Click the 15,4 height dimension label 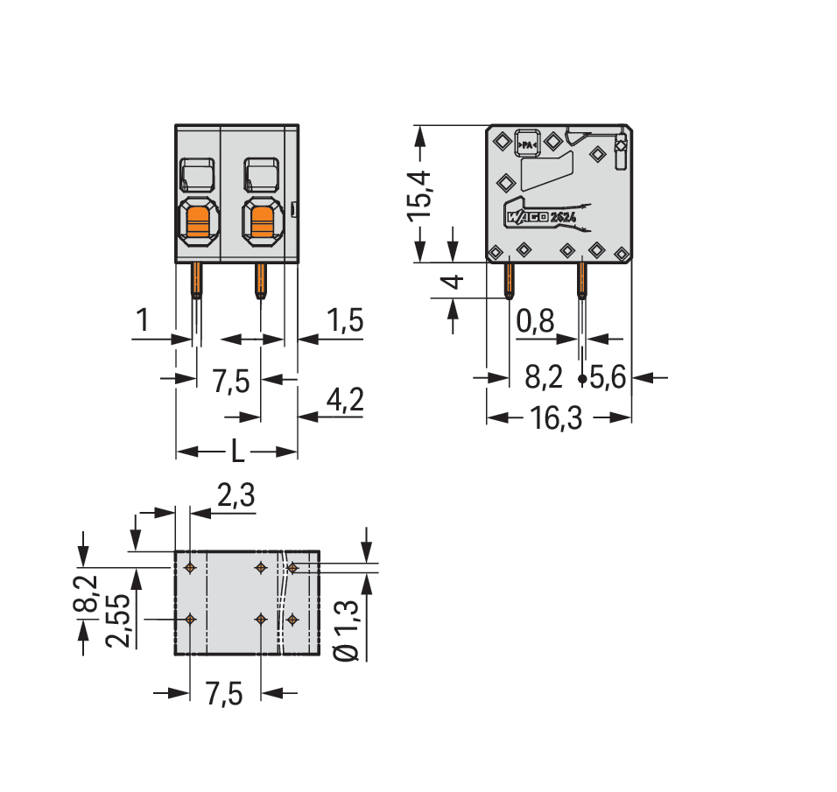pos(421,193)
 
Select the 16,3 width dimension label pos(558,419)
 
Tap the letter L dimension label pos(237,452)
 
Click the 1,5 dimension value pos(343,321)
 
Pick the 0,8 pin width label pos(534,322)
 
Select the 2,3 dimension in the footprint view pos(235,497)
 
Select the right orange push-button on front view pos(261,220)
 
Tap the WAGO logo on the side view pos(525,216)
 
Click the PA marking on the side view pos(528,143)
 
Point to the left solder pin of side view pos(508,280)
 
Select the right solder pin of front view pos(260,280)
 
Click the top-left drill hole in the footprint pos(190,568)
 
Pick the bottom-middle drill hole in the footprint pos(260,619)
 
